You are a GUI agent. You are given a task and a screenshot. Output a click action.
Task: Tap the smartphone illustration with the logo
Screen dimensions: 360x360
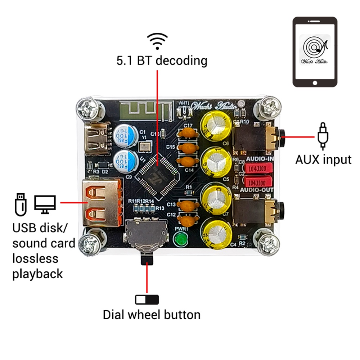pyautogui.click(x=315, y=52)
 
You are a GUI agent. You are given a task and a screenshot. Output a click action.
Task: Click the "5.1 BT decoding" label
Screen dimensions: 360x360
pyautogui.click(x=162, y=60)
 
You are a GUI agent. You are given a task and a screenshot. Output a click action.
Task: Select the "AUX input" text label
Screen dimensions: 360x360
pyautogui.click(x=323, y=159)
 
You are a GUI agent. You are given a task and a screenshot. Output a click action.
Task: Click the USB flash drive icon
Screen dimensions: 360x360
pyautogui.click(x=21, y=204)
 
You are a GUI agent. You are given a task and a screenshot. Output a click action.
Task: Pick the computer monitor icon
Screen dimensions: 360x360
pyautogui.click(x=45, y=204)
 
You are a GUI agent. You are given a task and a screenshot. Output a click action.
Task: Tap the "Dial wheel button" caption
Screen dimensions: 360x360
pyautogui.click(x=152, y=315)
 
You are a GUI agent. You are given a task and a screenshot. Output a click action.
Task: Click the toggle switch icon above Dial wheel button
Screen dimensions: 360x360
pyautogui.click(x=147, y=299)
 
